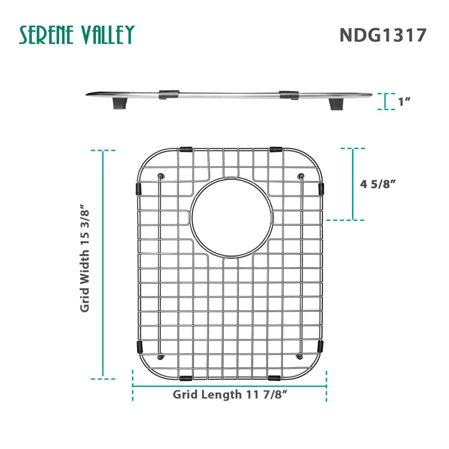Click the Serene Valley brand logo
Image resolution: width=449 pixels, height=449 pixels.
[x=76, y=35]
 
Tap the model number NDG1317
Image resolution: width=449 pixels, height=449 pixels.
[x=382, y=35]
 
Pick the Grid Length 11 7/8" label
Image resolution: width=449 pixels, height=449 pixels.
[x=230, y=395]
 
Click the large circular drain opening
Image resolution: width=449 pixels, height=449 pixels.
[x=231, y=218]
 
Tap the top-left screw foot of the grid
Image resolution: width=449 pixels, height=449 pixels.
[x=162, y=175]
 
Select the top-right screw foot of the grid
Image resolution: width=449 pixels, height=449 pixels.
[x=301, y=175]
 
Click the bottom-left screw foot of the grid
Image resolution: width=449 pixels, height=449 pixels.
[x=162, y=357]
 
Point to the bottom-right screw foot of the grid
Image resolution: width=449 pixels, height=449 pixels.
[x=300, y=357]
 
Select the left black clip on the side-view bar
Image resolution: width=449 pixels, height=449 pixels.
[x=169, y=94]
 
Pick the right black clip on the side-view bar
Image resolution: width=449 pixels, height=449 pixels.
[x=289, y=95]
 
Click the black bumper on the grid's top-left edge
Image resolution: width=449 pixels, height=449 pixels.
[x=185, y=149]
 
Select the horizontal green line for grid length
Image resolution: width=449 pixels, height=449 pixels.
[x=229, y=386]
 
